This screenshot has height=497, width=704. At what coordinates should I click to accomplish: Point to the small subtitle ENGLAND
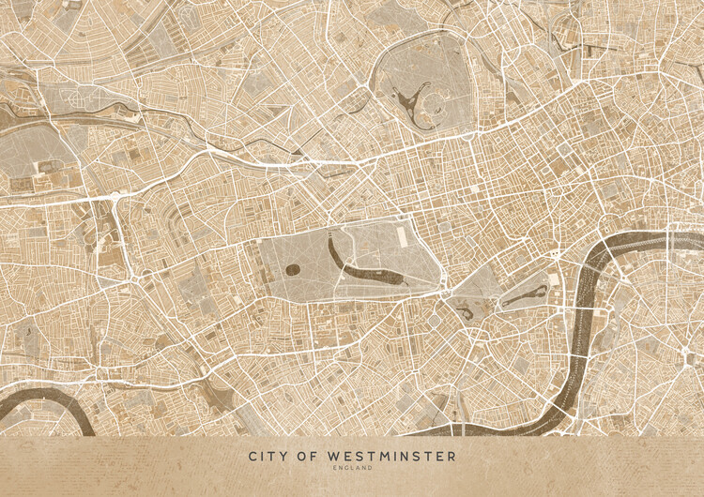coord(352,468)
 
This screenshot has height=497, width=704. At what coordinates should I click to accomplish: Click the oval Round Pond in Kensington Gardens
coord(292,270)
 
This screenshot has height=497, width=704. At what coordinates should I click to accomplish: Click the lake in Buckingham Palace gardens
coord(464,311)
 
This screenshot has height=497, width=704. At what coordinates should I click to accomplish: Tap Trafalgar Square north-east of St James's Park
coord(553,256)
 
